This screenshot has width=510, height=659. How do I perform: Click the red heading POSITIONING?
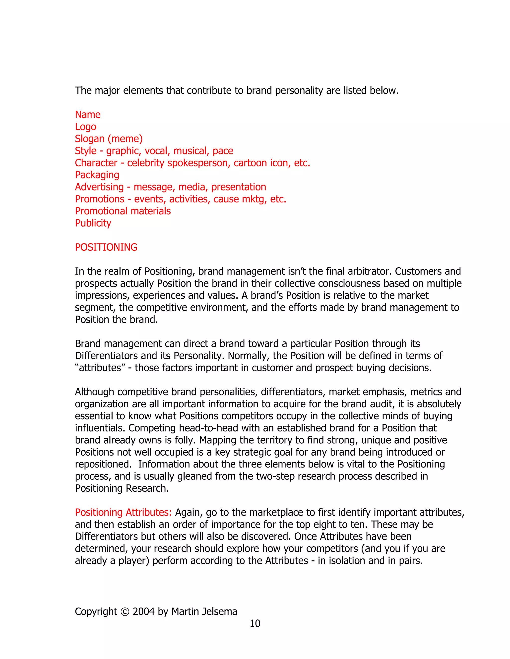coord(106,247)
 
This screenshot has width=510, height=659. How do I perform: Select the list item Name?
coord(88,115)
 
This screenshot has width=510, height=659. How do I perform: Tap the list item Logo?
coord(85,127)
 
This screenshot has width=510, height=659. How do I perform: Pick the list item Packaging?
coord(97,175)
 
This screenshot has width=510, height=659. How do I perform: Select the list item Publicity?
coord(93,223)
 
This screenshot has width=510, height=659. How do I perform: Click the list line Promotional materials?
coord(123,211)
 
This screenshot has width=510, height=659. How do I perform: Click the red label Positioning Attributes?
coord(123,512)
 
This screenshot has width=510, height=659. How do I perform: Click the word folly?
coord(185,440)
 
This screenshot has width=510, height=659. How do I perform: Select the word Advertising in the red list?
coord(99,187)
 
